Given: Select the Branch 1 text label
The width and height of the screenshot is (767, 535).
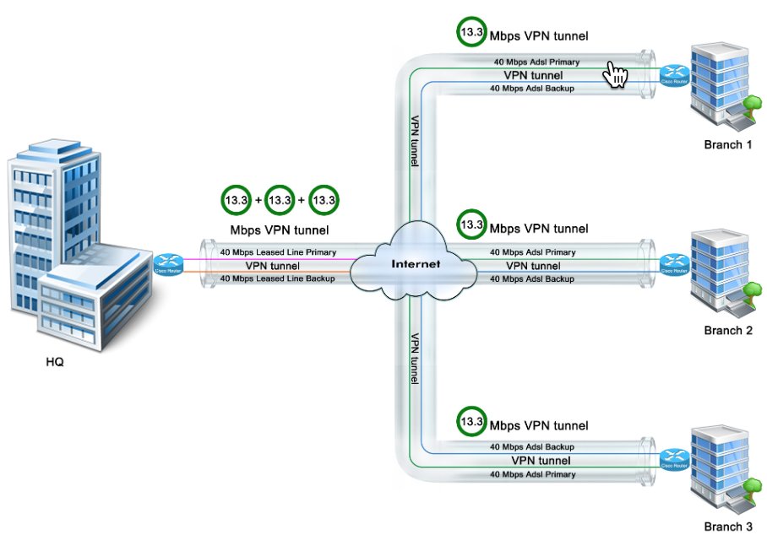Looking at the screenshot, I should point(727,144).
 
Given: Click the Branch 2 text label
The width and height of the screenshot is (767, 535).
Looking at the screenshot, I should point(727,330).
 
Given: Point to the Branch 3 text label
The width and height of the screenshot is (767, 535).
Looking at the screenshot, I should point(727,526).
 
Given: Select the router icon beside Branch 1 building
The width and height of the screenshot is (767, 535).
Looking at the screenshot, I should point(672,74).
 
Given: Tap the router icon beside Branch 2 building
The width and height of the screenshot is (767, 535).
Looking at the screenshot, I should point(672,264).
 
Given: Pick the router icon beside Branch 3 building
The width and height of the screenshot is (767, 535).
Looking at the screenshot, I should point(672,461).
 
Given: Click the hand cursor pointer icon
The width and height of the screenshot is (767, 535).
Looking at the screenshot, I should point(616,74).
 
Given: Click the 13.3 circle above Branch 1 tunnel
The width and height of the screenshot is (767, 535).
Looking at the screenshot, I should point(471,32).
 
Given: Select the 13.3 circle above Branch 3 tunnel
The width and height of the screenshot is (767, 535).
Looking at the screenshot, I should point(471,419).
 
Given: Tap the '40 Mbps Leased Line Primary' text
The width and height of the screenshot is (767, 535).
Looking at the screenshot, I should point(278,251).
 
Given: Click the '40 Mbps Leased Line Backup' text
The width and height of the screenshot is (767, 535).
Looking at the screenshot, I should point(278,278).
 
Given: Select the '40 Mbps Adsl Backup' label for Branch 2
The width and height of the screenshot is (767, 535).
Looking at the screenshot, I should point(532,278).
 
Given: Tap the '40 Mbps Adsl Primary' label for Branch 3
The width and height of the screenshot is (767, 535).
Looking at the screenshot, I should point(532,474).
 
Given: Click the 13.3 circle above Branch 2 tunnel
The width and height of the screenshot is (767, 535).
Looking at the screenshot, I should point(471,224).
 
